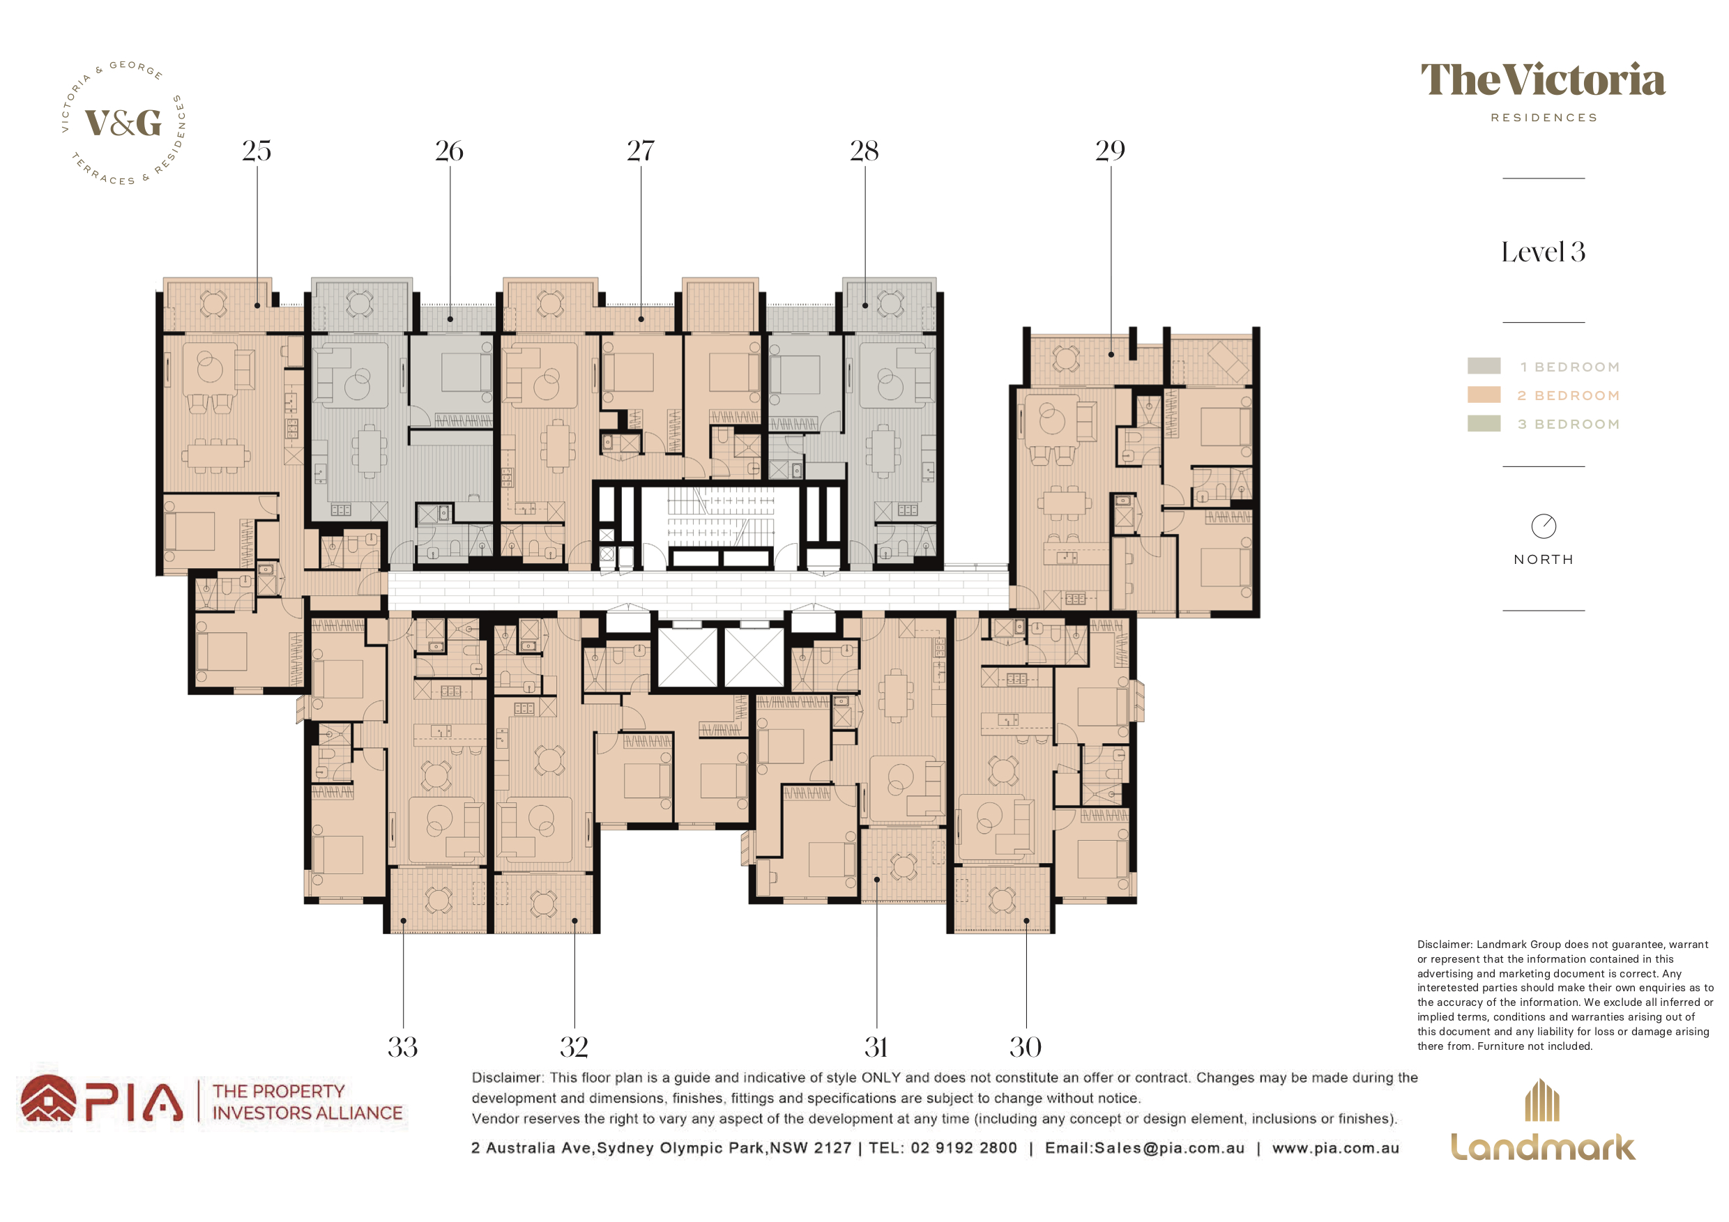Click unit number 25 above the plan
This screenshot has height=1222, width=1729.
257,151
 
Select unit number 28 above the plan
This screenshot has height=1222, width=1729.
864,151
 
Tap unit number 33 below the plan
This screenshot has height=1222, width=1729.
403,1046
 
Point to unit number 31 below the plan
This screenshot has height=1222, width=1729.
876,1046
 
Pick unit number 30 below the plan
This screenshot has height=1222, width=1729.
1026,1046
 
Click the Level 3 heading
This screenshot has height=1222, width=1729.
1543,252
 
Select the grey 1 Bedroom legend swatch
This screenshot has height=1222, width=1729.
1484,366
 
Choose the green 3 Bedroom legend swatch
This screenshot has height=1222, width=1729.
1484,423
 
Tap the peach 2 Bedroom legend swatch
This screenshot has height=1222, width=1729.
1484,395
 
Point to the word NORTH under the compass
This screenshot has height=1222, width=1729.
1544,560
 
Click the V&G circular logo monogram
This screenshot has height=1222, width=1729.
123,123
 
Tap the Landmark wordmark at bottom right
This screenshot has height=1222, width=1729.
1543,1147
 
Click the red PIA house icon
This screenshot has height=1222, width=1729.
48,1099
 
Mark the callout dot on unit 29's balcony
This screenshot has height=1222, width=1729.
1111,354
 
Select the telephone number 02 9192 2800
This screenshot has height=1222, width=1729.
964,1148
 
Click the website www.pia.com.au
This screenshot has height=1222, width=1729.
1336,1148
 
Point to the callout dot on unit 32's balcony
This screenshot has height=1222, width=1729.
574,921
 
